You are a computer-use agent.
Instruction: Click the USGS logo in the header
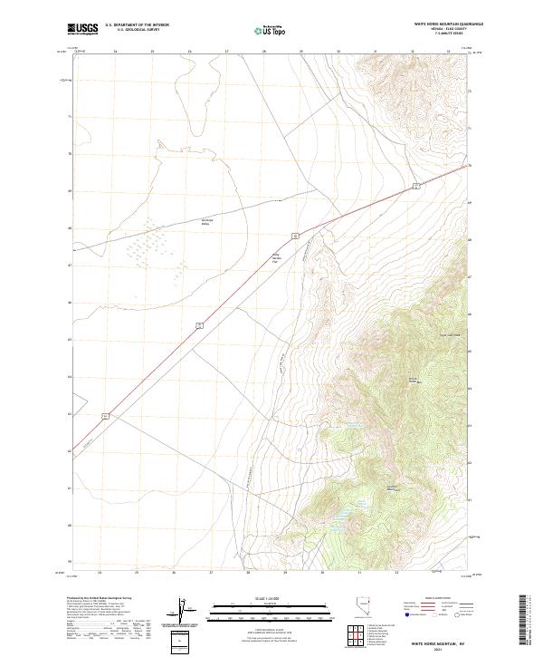pos(83,29)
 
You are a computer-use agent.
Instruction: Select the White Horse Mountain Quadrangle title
pos(449,24)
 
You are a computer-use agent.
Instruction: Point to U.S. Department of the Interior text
pos(137,24)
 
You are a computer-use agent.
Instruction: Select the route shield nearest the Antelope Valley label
pos(295,235)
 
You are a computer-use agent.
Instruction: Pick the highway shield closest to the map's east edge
pos(414,185)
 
